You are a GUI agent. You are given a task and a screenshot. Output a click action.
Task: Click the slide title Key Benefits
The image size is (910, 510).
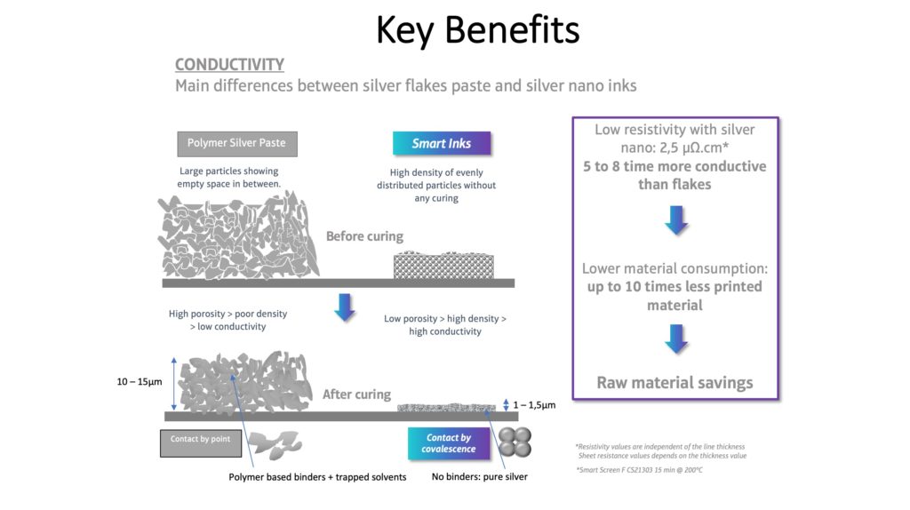click(477, 30)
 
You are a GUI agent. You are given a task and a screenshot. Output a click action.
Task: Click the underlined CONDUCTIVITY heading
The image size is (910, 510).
click(230, 64)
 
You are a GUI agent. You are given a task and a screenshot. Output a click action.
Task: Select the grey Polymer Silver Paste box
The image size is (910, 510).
click(236, 143)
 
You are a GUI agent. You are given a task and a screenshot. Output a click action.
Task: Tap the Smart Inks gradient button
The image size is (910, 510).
click(442, 143)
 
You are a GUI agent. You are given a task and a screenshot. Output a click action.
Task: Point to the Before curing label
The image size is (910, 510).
click(364, 236)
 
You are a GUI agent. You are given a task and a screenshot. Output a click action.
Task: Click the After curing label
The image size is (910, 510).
click(356, 394)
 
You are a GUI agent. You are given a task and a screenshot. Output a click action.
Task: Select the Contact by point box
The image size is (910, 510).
click(200, 442)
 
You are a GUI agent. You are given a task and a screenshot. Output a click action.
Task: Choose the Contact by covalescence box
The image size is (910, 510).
click(449, 443)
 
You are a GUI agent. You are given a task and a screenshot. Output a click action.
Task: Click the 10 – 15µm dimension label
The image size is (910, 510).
click(140, 382)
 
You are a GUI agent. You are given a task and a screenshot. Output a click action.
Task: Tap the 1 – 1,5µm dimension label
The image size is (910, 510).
click(534, 405)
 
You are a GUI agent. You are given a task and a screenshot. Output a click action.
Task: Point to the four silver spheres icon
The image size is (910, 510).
click(515, 442)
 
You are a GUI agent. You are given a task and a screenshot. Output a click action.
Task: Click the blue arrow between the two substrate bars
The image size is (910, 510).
click(345, 307)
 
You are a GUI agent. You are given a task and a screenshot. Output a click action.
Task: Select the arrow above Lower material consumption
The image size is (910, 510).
click(676, 219)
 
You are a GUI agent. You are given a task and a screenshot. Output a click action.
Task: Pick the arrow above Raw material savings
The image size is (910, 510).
click(676, 339)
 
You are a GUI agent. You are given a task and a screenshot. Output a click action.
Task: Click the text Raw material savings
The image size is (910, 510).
click(675, 383)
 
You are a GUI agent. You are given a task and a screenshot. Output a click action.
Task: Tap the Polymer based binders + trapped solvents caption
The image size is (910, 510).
click(317, 477)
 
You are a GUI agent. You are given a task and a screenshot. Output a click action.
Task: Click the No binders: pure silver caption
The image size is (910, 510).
click(479, 476)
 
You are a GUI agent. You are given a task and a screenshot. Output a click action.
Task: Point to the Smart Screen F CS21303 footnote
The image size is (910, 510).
click(639, 470)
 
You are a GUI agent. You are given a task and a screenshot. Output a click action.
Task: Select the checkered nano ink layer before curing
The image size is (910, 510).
click(444, 265)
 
